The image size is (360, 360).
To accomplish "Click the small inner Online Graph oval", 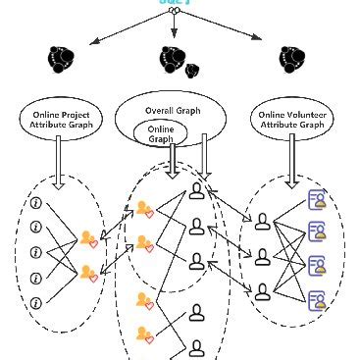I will tap(160, 133).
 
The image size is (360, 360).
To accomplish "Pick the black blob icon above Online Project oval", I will tap(63, 61).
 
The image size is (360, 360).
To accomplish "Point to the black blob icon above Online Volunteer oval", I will tap(288, 60).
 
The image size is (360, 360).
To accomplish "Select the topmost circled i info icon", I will tap(36, 204).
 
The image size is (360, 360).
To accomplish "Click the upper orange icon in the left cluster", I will tap(89, 238).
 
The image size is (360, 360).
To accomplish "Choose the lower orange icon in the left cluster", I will tap(89, 273).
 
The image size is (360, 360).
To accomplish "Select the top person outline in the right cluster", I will tap(262, 223).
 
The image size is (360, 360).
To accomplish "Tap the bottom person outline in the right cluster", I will tap(262, 290).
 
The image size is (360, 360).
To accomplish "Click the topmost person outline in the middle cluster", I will tap(198, 190).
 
